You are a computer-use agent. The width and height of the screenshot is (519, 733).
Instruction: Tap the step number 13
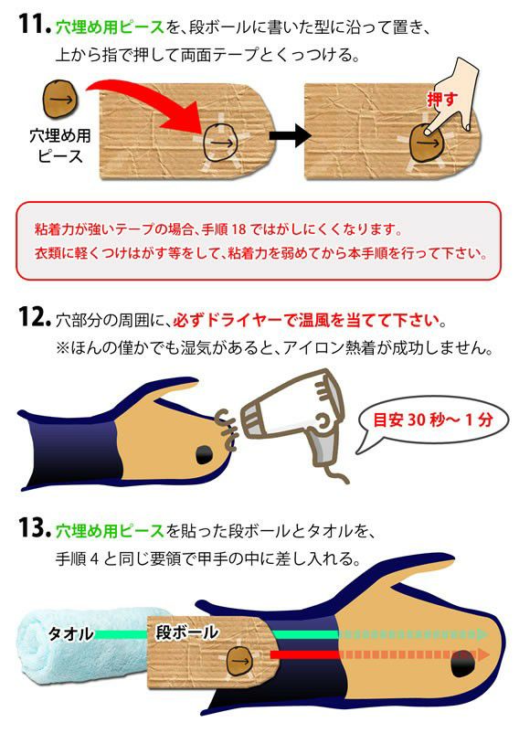pyautogui.click(x=35, y=527)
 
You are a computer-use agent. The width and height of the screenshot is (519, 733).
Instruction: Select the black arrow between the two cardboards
pyautogui.click(x=290, y=136)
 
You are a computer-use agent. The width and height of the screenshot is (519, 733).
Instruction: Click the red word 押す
pyautogui.click(x=442, y=99)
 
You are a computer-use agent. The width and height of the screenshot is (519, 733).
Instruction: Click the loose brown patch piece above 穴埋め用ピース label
pyautogui.click(x=60, y=100)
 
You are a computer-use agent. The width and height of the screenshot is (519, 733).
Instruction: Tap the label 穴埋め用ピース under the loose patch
pyautogui.click(x=59, y=145)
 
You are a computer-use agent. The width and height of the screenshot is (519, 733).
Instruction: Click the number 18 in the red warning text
pyautogui.click(x=238, y=229)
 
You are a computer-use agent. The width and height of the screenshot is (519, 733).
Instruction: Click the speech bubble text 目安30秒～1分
pyautogui.click(x=432, y=420)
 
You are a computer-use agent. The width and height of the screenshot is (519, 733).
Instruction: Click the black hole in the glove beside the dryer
pyautogui.click(x=204, y=454)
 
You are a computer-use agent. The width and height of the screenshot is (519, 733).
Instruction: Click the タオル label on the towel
pyautogui.click(x=70, y=634)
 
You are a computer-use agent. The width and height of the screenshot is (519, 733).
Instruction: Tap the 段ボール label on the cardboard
pyautogui.click(x=187, y=632)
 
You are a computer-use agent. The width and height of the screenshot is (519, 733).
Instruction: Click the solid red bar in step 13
pyautogui.click(x=303, y=654)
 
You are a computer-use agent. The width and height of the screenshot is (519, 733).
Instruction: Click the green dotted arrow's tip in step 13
pyautogui.click(x=487, y=634)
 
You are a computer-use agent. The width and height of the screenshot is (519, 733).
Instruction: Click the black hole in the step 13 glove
pyautogui.click(x=463, y=663)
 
